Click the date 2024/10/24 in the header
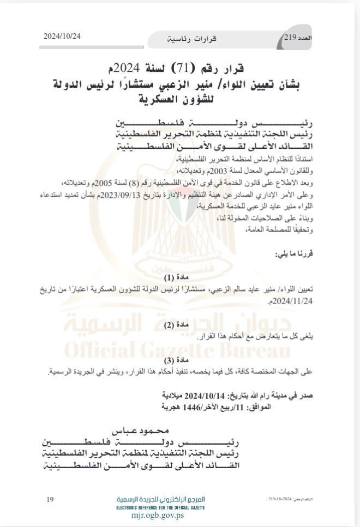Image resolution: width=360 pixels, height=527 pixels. (x=62, y=36)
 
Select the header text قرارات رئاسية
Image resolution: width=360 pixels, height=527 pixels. (x=191, y=39)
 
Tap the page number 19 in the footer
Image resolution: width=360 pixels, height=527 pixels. (x=50, y=499)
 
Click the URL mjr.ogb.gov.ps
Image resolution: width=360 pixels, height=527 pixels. (x=160, y=514)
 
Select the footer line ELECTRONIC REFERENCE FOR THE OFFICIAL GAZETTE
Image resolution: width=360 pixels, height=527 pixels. (x=160, y=507)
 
